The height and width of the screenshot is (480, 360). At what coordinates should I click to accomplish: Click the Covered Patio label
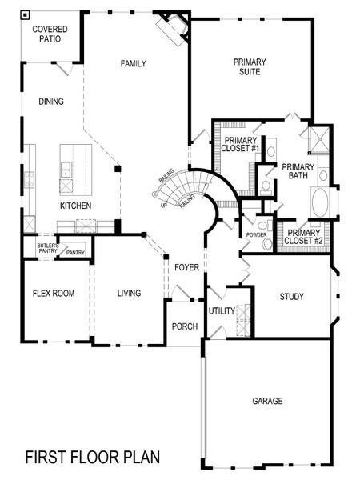[x=50, y=34]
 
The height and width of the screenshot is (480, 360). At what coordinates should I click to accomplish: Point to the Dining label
[x=50, y=102]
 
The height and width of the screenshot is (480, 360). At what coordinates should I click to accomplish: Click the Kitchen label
[x=75, y=206]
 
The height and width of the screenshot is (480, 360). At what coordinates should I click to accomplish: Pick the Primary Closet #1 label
[x=241, y=143]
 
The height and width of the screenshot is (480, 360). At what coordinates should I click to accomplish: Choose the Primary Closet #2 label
[x=304, y=236]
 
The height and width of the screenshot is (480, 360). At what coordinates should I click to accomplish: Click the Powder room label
[x=256, y=234]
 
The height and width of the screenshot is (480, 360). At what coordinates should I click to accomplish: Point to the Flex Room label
[x=53, y=294]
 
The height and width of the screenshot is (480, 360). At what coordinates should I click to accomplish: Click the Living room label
[x=128, y=294]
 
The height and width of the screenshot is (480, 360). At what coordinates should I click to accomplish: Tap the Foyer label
[x=186, y=267]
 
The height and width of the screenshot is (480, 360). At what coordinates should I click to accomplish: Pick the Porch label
[x=185, y=326]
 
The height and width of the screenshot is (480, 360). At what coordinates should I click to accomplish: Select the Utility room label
[x=221, y=310]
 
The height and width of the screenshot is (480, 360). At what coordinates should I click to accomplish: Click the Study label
[x=291, y=297]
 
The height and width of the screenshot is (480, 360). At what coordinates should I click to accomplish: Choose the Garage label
[x=267, y=401]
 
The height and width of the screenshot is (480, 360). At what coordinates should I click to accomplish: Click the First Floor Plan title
[x=92, y=457]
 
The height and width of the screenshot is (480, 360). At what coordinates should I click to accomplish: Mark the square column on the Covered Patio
[x=26, y=14]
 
